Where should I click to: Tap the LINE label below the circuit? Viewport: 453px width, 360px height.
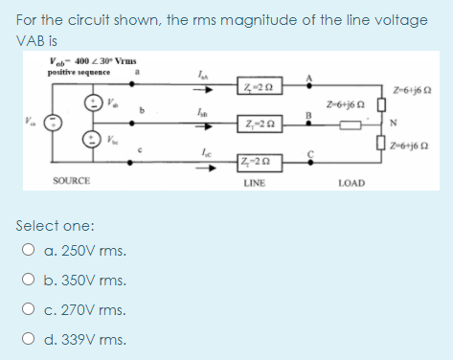pos(254,181)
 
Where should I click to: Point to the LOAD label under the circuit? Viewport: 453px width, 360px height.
pos(351,181)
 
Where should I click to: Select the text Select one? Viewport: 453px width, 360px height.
pos(56,226)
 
